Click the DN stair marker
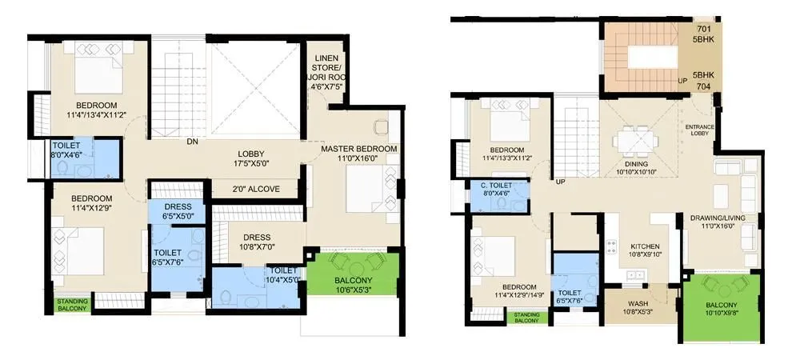point(192,142)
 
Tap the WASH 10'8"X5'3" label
point(638,307)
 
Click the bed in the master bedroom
point(364,192)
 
